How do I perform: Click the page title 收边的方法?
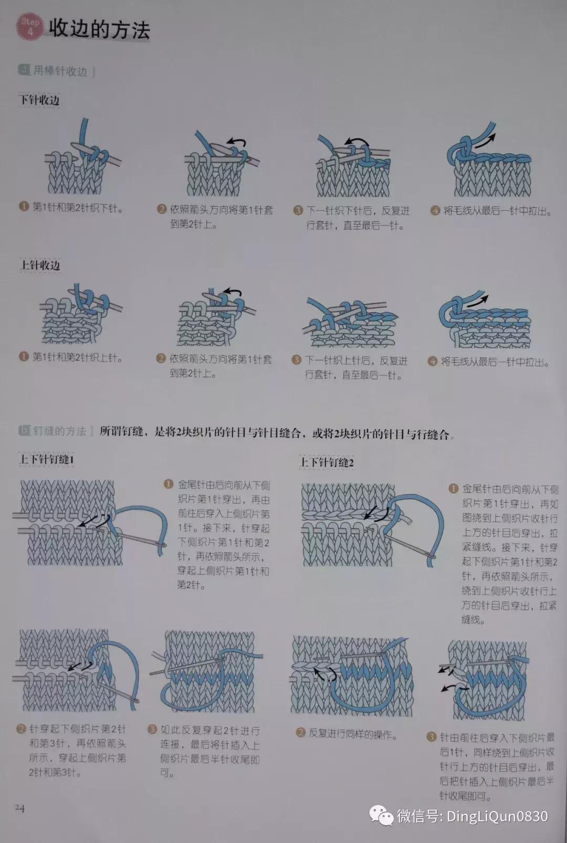(x=99, y=29)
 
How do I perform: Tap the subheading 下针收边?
(x=39, y=100)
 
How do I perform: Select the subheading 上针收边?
(x=40, y=265)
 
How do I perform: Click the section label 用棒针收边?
(x=60, y=71)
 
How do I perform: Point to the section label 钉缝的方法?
(x=59, y=431)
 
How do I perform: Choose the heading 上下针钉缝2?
(x=326, y=462)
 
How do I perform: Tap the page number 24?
(x=19, y=808)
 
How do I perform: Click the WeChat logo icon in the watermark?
(x=381, y=816)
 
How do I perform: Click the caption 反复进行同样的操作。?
(x=352, y=733)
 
